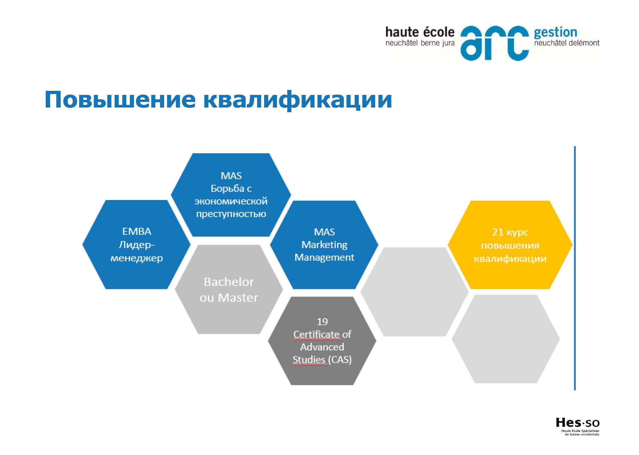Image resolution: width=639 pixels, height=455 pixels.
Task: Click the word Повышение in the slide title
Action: pyautogui.click(x=120, y=100)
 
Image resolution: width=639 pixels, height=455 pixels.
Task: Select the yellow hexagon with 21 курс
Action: pyautogui.click(x=510, y=245)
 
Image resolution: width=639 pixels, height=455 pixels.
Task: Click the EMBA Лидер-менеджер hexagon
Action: pyautogui.click(x=137, y=245)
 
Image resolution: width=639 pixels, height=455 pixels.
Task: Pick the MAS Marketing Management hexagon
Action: pyautogui.click(x=324, y=245)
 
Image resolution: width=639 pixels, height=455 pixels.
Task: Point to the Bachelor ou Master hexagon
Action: pyautogui.click(x=229, y=289)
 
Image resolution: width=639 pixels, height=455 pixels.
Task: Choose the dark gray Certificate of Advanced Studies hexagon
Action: pyautogui.click(x=322, y=341)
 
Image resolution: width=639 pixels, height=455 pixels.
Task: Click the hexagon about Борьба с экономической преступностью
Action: pyautogui.click(x=231, y=195)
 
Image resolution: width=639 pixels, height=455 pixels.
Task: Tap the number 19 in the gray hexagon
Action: pyautogui.click(x=322, y=322)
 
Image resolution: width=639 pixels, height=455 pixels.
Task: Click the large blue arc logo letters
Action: pyautogui.click(x=494, y=43)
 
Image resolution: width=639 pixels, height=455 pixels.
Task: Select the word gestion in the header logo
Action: pyautogui.click(x=555, y=33)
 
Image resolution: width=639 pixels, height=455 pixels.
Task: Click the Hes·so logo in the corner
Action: pyautogui.click(x=577, y=431)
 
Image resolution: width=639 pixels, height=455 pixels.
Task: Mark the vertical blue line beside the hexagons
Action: pyautogui.click(x=575, y=268)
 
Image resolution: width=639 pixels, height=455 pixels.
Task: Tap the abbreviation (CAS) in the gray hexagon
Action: pyautogui.click(x=340, y=359)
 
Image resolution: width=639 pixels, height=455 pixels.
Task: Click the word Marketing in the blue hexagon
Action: pyautogui.click(x=324, y=245)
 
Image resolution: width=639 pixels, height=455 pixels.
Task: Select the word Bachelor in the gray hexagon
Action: pyautogui.click(x=229, y=282)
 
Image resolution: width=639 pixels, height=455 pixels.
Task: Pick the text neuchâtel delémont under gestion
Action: pyautogui.click(x=567, y=43)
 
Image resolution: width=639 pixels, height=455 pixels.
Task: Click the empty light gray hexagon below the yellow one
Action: pyautogui.click(x=506, y=339)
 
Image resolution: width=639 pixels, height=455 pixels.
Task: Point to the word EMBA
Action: pyautogui.click(x=137, y=231)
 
